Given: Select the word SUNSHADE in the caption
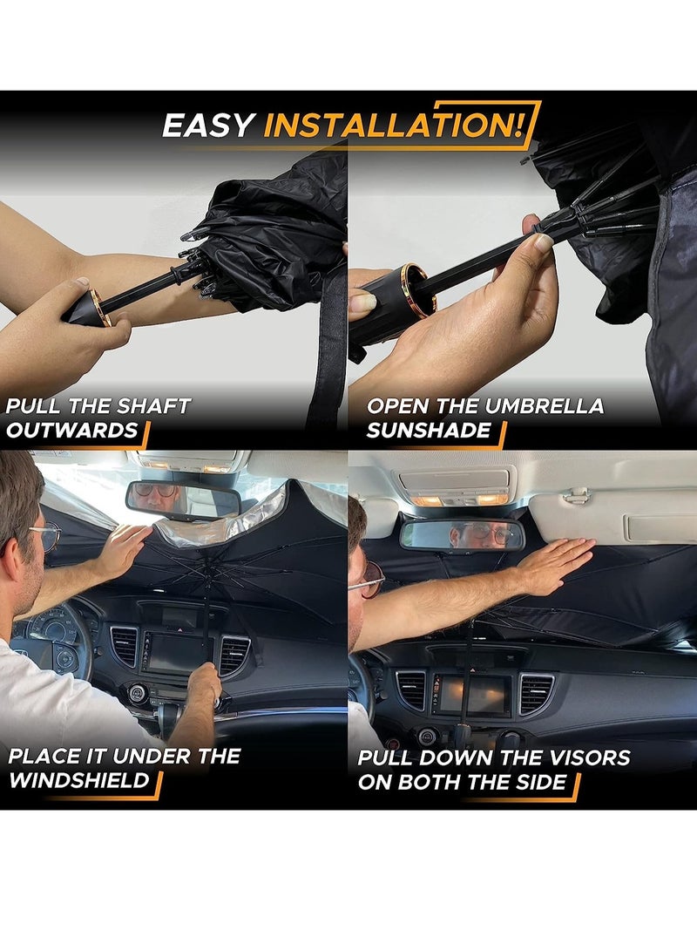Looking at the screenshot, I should pyautogui.click(x=429, y=431).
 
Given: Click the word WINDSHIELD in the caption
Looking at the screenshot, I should pyautogui.click(x=80, y=779).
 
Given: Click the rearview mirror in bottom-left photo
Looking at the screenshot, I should pyautogui.click(x=183, y=499).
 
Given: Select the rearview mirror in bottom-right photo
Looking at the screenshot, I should pyautogui.click(x=462, y=534).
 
